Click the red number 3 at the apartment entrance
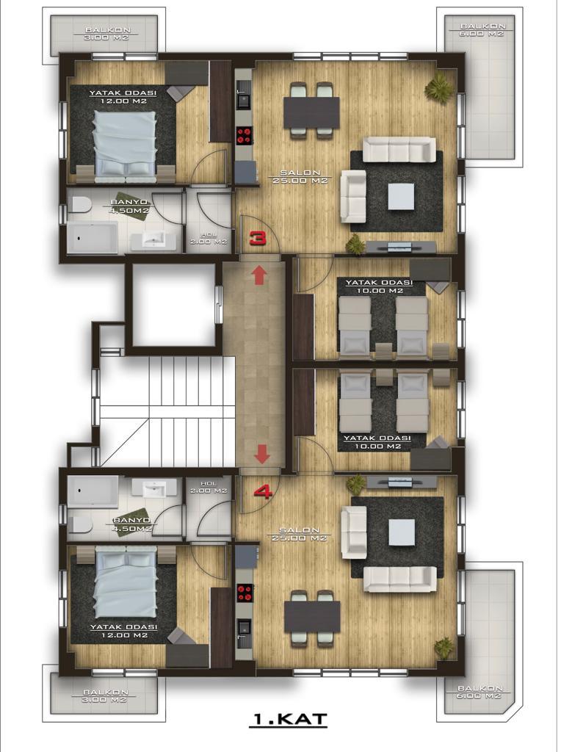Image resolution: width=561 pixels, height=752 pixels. click(258, 238)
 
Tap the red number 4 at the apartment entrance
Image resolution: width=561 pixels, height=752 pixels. click(263, 492)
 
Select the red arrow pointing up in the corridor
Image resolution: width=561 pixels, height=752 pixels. click(259, 275)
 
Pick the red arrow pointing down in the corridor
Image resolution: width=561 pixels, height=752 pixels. click(262, 454)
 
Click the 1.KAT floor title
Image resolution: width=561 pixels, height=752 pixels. click(289, 720)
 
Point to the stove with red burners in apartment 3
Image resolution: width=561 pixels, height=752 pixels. click(244, 134)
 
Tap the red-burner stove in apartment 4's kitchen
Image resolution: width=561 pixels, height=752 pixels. click(245, 593)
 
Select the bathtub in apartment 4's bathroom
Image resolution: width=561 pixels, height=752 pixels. click(93, 491)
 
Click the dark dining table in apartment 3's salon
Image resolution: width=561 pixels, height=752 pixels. click(311, 112)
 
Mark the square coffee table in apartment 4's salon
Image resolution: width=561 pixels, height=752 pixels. click(402, 532)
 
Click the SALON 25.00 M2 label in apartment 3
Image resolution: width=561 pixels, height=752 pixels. click(298, 176)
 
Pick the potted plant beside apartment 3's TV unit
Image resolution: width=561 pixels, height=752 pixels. click(355, 245)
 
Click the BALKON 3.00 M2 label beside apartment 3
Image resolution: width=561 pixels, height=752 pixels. click(105, 34)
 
